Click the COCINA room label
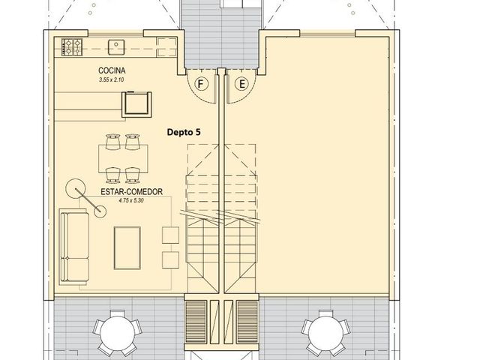[112, 70]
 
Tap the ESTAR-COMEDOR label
[132, 192]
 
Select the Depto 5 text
[184, 132]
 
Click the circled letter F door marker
[201, 83]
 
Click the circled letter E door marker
[241, 83]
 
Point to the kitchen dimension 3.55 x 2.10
[112, 80]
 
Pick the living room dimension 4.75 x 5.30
[131, 201]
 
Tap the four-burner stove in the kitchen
[72, 47]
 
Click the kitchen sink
[116, 47]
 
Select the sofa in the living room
[74, 247]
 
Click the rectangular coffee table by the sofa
[127, 248]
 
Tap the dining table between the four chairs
[123, 159]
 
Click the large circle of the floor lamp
[75, 188]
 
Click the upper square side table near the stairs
[170, 235]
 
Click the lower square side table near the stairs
[170, 260]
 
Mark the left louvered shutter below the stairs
[196, 322]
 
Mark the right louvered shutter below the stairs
[247, 322]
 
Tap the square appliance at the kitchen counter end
[136, 104]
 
